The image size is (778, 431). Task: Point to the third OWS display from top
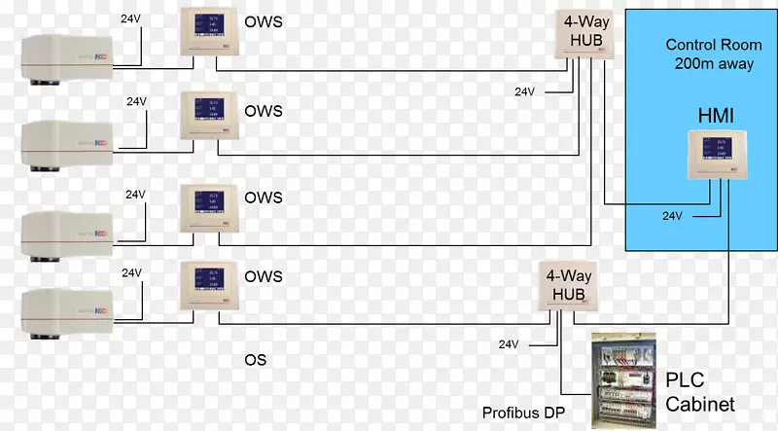pyautogui.click(x=208, y=205)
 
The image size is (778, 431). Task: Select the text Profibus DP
pyautogui.click(x=521, y=413)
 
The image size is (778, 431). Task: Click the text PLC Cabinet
pyautogui.click(x=699, y=390)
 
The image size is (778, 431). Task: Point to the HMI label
pyautogui.click(x=714, y=116)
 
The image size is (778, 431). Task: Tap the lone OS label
pyautogui.click(x=255, y=360)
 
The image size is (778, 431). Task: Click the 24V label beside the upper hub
pyautogui.click(x=525, y=91)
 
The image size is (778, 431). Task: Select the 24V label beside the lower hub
pyautogui.click(x=510, y=344)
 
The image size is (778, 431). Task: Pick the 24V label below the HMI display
pyautogui.click(x=672, y=216)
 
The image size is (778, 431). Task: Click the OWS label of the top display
pyautogui.click(x=264, y=20)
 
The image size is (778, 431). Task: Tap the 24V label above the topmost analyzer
pyautogui.click(x=130, y=18)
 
